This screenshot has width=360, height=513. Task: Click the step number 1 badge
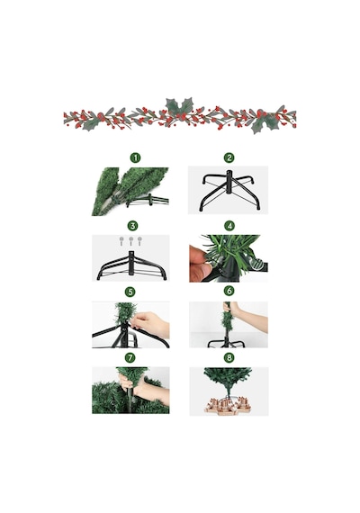[x=135, y=158]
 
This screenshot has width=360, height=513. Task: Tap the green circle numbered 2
[x=229, y=158]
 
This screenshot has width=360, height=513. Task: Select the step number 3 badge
[x=132, y=226]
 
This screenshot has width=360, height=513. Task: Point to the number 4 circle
[x=229, y=226]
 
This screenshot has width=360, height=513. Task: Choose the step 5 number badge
[x=130, y=292]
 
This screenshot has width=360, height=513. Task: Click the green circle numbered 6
[x=229, y=291]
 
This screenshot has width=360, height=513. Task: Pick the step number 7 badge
[x=130, y=357]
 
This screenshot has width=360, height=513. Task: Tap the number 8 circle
[x=229, y=357]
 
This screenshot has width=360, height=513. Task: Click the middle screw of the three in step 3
[x=130, y=241]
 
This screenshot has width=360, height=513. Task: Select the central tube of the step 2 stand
[x=228, y=186]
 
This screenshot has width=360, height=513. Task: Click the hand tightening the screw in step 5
[x=150, y=324]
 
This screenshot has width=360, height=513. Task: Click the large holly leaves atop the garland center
[x=179, y=106]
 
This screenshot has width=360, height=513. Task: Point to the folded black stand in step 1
[x=148, y=201]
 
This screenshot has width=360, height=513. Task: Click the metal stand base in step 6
[x=227, y=343]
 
